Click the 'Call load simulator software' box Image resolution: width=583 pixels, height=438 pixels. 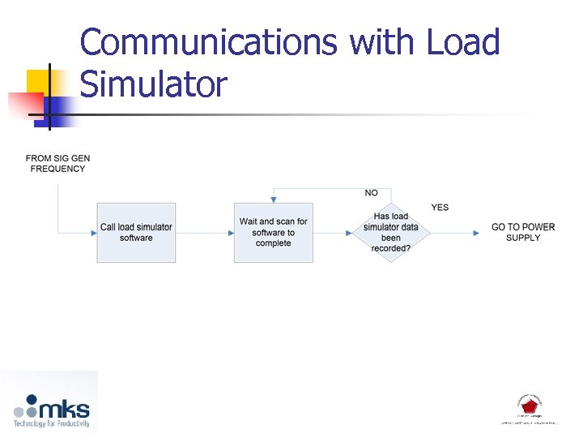pyautogui.click(x=136, y=232)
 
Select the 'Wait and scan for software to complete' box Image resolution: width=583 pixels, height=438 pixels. pyautogui.click(x=273, y=232)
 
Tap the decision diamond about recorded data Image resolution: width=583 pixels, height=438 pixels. pyautogui.click(x=391, y=232)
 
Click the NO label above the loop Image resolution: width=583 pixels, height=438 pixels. pyautogui.click(x=371, y=193)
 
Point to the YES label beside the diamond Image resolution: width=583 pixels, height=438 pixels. pyautogui.click(x=440, y=208)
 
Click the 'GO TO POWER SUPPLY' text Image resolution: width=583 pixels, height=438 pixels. pyautogui.click(x=523, y=232)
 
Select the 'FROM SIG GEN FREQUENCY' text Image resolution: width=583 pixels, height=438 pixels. pyautogui.click(x=57, y=163)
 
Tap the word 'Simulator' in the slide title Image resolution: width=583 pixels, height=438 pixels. pyautogui.click(x=154, y=84)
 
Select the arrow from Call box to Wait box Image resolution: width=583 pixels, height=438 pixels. pyautogui.click(x=205, y=233)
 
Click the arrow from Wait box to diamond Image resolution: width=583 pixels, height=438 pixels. pyautogui.click(x=332, y=233)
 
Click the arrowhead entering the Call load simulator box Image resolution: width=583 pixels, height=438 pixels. pyautogui.click(x=93, y=233)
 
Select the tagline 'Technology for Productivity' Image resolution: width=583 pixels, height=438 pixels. pyautogui.click(x=51, y=423)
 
